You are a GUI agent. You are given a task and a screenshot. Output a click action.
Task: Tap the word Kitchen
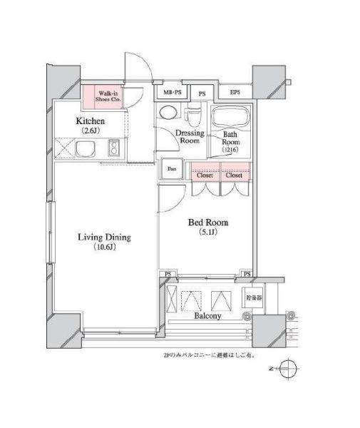[91, 121]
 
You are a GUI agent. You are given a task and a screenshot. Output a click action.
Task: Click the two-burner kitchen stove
[113, 149]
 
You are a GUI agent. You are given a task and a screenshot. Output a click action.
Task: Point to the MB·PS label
[173, 93]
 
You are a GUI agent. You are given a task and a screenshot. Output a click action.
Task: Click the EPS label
[235, 93]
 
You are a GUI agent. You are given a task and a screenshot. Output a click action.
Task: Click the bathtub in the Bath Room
[230, 118]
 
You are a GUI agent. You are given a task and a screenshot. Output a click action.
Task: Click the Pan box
[172, 169]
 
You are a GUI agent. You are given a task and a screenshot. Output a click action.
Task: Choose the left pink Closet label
[204, 175]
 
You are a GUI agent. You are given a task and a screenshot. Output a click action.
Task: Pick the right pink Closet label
[234, 175]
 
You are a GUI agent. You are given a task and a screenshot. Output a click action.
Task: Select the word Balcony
[207, 315]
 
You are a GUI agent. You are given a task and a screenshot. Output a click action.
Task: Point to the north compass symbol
[289, 370]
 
